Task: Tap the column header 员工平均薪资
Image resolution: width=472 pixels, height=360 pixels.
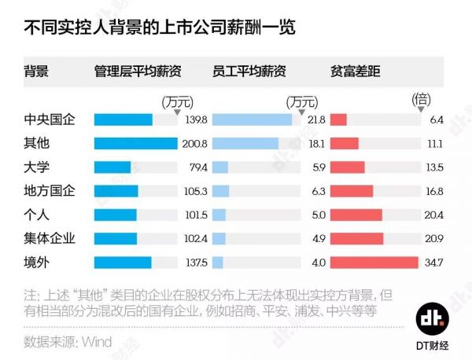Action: pyautogui.click(x=250, y=72)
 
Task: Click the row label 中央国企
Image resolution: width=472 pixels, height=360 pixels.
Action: pyautogui.click(x=50, y=119)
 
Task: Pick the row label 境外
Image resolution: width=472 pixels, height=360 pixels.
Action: pyautogui.click(x=38, y=262)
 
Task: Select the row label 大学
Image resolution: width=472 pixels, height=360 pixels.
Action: pyautogui.click(x=38, y=167)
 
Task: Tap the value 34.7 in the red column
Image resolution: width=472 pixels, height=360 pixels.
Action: pyautogui.click(x=433, y=263)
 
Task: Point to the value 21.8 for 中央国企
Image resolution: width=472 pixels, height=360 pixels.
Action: pyautogui.click(x=316, y=120)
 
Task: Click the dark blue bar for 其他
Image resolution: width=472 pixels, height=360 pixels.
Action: pyautogui.click(x=135, y=144)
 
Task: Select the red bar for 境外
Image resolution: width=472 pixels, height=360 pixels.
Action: pyautogui.click(x=374, y=263)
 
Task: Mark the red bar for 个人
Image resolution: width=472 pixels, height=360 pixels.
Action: pyautogui.click(x=356, y=215)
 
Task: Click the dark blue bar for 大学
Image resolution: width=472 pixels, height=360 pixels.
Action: pyautogui.click(x=112, y=167)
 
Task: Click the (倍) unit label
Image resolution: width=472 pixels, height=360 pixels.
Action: pyautogui.click(x=422, y=100)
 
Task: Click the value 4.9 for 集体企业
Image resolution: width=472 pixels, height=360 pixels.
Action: pyautogui.click(x=319, y=239)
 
